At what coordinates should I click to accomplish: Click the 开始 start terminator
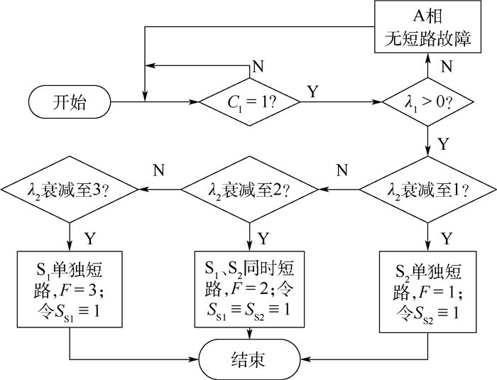coord(70,102)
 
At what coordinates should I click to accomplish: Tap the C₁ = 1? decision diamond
coord(249,102)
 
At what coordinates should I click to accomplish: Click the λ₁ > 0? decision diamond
coord(428,102)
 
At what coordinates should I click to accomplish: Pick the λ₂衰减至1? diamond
coord(428,190)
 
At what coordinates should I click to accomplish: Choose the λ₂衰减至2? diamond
coord(249,190)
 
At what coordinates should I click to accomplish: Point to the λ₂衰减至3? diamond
coord(70,190)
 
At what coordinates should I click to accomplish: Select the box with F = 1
coord(428,292)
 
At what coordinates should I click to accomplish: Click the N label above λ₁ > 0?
coord(447,67)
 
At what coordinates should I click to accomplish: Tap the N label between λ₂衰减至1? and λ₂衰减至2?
coord(342,170)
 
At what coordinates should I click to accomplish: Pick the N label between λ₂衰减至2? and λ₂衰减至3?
coord(160,170)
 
